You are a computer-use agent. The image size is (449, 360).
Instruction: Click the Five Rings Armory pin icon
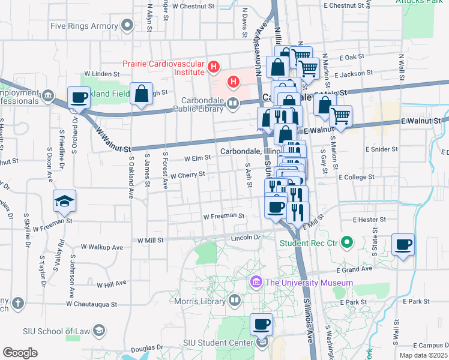tap(127, 26)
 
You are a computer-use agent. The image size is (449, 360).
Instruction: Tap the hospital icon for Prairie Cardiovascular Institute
tap(213, 67)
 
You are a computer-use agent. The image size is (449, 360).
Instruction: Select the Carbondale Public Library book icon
tap(232, 104)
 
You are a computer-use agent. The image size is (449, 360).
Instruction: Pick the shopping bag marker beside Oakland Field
tap(140, 94)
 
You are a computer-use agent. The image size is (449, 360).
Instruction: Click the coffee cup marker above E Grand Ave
tap(403, 244)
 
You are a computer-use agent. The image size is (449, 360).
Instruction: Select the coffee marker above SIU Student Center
tap(261, 325)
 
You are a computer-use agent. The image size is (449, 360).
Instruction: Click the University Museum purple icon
tap(256, 282)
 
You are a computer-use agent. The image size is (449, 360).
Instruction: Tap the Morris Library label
tap(203, 300)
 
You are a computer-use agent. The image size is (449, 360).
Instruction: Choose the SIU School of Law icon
tap(100, 331)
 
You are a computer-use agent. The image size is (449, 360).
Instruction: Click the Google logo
tap(19, 353)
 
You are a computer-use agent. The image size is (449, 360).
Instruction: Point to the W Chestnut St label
tap(193, 5)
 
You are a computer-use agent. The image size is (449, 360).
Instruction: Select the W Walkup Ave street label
tap(101, 247)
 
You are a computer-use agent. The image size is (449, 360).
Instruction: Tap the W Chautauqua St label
tap(91, 304)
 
